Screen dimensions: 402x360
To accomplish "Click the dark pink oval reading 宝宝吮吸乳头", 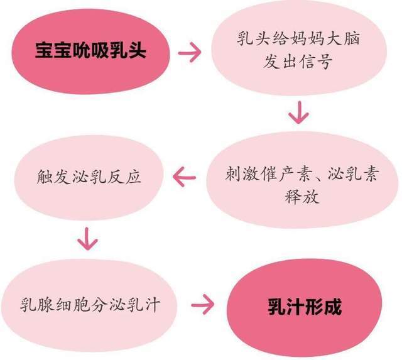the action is coord(90,52).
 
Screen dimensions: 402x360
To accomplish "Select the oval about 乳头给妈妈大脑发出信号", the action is coord(299,48).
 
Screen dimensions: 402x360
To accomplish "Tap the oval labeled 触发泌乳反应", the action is coord(89,177).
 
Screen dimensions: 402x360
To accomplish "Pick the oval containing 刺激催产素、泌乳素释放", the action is coord(302,180).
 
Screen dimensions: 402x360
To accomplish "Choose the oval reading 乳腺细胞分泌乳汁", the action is coord(89,305).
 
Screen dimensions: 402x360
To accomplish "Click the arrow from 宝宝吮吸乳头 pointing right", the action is coord(190,53).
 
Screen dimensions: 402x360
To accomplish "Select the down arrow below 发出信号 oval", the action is coord(299,112).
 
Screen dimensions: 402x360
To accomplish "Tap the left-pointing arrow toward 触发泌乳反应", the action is coord(185,177).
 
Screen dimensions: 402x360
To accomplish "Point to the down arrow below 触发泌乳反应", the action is coord(88,239).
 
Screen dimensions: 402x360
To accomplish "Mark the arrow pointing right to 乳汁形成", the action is coord(202,305).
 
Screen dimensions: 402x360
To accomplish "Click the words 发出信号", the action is coord(298,62).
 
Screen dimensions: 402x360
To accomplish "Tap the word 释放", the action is coord(302,197).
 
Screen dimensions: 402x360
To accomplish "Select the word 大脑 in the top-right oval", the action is coord(342,38).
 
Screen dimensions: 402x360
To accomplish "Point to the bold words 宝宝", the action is coord(53,50).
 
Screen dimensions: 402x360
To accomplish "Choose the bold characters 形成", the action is coord(323,307).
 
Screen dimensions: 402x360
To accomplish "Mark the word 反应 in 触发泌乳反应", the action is coord(124,177).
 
